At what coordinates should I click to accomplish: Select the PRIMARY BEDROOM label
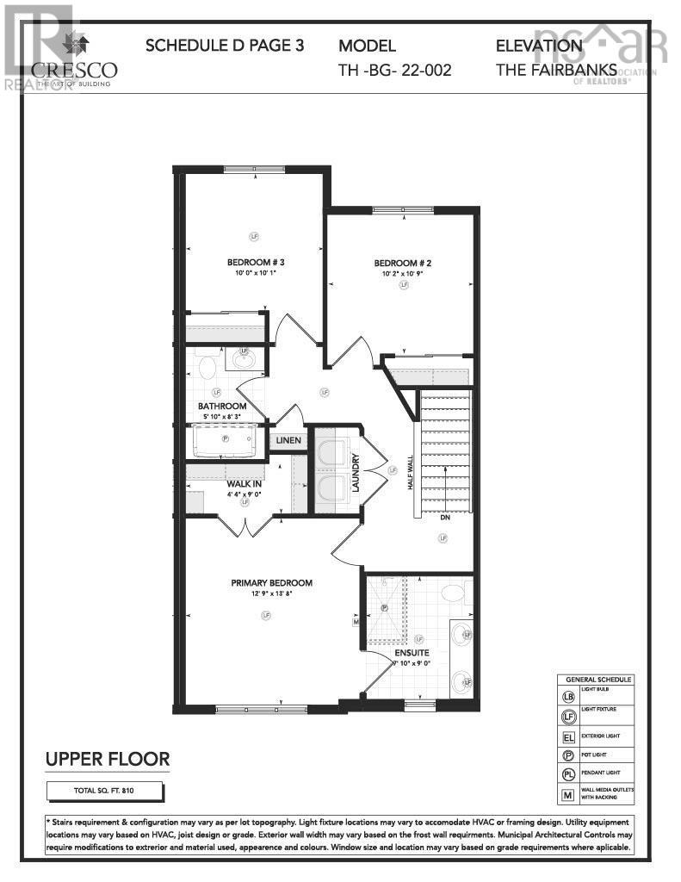click(x=271, y=583)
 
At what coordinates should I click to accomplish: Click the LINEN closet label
click(x=288, y=441)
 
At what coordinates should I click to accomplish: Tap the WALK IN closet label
click(x=245, y=484)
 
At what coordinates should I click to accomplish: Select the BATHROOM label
click(x=222, y=407)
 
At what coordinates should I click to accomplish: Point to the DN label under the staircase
click(x=444, y=519)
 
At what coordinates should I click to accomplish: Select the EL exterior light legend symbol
click(x=568, y=737)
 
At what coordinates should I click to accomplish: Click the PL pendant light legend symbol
click(x=568, y=773)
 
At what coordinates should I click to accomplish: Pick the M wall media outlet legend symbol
click(x=568, y=795)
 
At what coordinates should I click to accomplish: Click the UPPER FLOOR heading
click(x=107, y=759)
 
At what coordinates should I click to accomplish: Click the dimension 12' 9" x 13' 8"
click(x=271, y=593)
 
